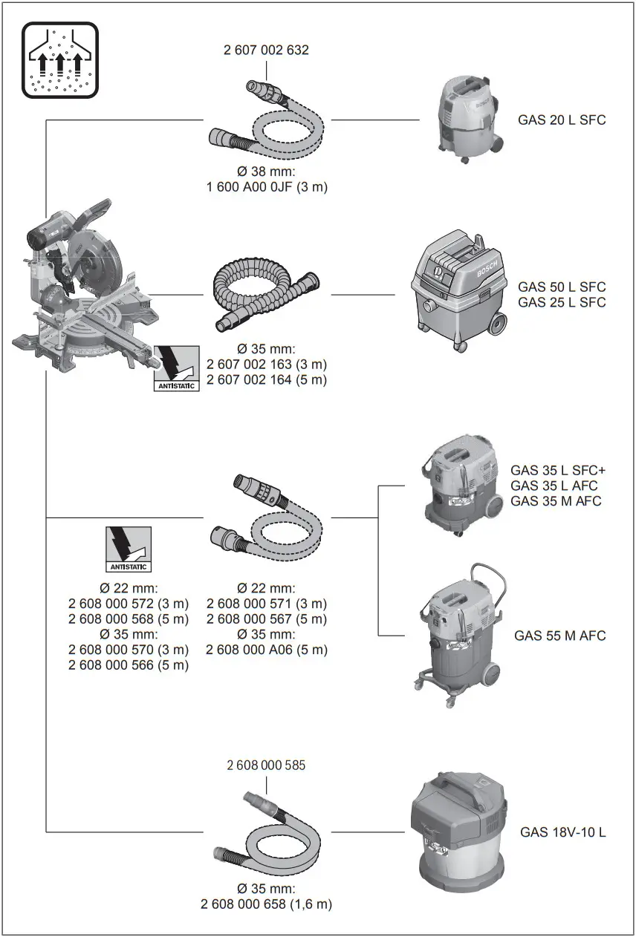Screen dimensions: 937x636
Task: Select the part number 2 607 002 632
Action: tap(266, 50)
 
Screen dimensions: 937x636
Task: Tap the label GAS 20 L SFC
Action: tap(562, 119)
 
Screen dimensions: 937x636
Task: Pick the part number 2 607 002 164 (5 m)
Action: tap(266, 380)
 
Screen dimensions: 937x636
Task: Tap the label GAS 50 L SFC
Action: tap(562, 287)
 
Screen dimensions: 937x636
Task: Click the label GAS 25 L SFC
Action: tap(562, 302)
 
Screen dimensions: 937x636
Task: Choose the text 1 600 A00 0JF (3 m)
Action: tap(266, 187)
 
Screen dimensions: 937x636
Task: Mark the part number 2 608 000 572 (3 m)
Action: tap(129, 604)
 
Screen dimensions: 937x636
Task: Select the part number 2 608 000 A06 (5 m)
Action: tap(266, 650)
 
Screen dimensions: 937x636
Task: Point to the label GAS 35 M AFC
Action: tap(556, 501)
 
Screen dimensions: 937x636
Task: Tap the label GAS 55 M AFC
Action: tap(559, 636)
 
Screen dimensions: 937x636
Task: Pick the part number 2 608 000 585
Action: tap(266, 765)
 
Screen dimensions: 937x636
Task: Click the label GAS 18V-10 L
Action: tap(562, 832)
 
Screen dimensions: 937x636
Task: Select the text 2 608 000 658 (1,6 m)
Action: tap(266, 904)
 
